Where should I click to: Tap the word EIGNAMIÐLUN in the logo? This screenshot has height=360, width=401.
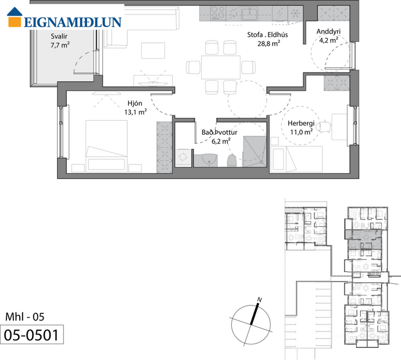tap(73, 23)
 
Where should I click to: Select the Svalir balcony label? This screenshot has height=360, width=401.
tap(59, 35)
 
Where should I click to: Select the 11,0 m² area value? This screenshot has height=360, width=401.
tap(301, 132)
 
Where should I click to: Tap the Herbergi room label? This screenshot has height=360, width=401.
tap(301, 123)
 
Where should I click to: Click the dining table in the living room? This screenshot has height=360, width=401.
tap(220, 67)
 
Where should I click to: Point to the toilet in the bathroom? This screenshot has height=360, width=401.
tap(231, 160)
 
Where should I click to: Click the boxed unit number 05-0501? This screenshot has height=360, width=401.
tap(31, 335)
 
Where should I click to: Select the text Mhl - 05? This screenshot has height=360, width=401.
tap(24, 317)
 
